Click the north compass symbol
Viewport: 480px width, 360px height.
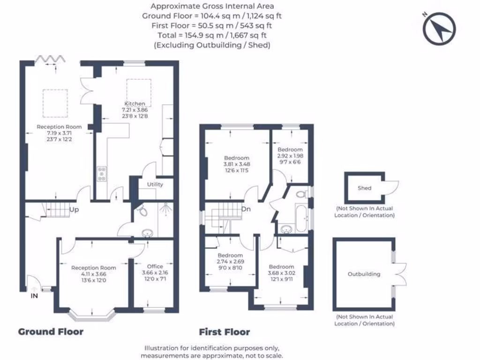click(439, 28)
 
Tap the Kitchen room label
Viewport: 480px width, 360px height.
click(135, 104)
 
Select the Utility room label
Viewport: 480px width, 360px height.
click(155, 184)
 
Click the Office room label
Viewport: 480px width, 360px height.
click(155, 266)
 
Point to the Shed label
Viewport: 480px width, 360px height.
click(364, 188)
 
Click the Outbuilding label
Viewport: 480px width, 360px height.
click(364, 274)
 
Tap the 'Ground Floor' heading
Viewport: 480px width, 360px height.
click(51, 332)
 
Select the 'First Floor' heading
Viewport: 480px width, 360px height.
click(224, 332)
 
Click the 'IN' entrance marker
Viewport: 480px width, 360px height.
click(35, 296)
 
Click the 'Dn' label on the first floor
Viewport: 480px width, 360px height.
click(246, 209)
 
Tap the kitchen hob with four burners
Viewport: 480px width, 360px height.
click(101, 173)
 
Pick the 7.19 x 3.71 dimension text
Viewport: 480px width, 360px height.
click(59, 133)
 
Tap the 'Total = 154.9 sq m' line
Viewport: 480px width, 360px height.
click(211, 35)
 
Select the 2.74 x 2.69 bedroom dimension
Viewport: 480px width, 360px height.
click(230, 261)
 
